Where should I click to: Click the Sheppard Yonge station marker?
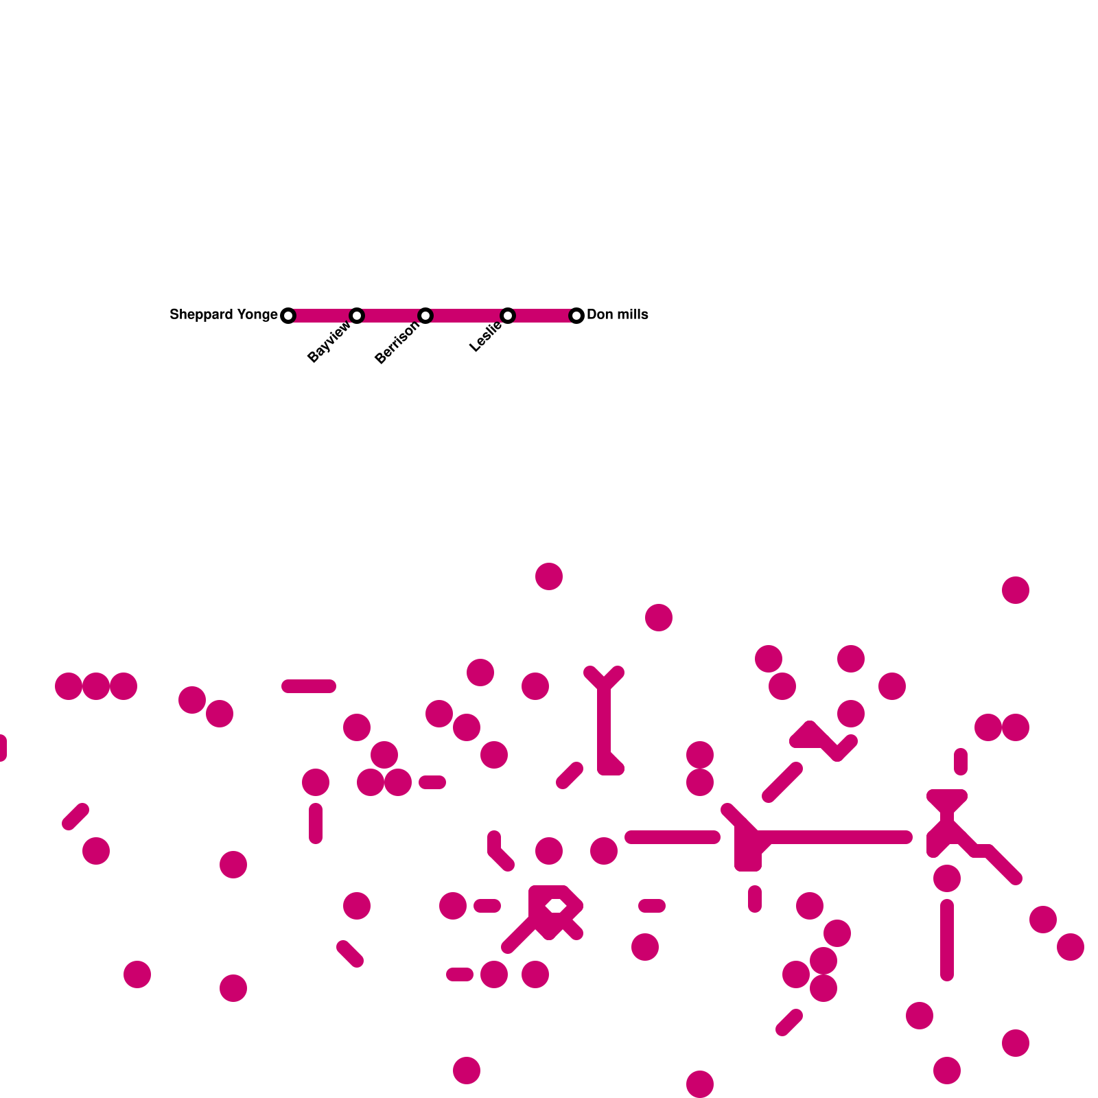pos(288,316)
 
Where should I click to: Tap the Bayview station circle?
pos(357,316)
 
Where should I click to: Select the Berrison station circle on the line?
pos(425,316)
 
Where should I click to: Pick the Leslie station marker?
pos(508,316)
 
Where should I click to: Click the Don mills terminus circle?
pos(576,316)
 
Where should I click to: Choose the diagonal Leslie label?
pos(485,337)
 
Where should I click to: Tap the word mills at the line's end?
pos(632,314)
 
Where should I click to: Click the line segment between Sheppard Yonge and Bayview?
pos(323,316)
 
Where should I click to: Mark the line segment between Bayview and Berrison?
pos(391,316)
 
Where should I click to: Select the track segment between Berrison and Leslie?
pos(467,316)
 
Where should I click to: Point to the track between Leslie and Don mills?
pos(542,316)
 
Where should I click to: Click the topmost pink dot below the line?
pos(549,576)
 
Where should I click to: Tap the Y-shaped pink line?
pos(604,721)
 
